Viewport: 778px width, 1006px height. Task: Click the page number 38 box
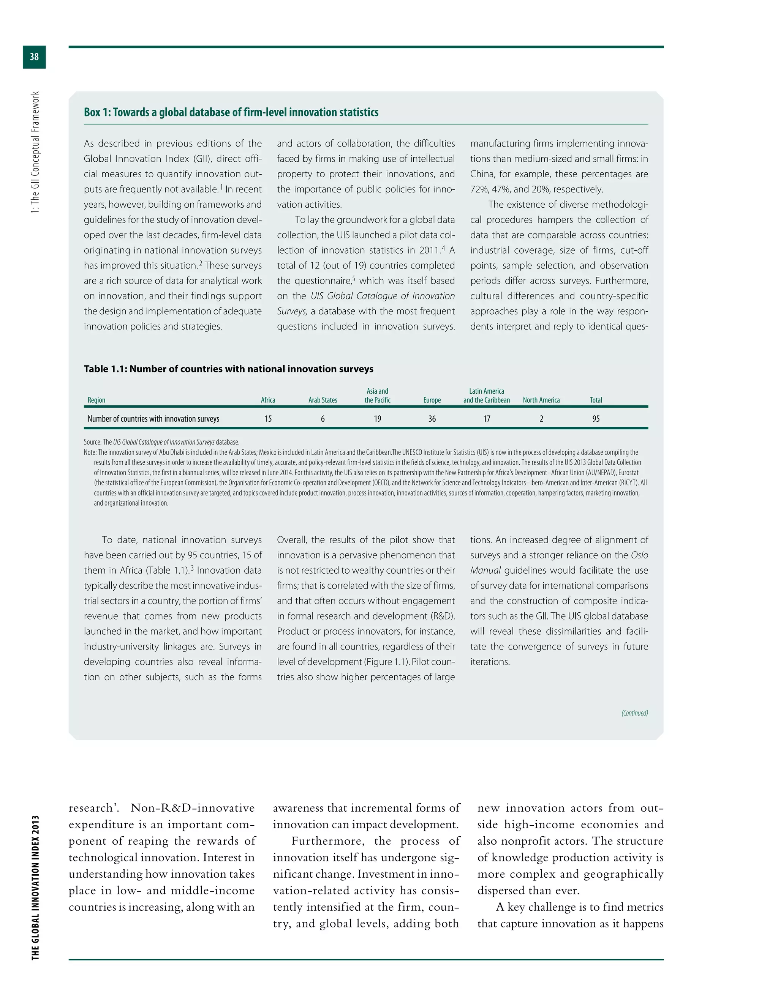[34, 57]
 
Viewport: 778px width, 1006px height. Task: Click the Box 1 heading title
[231, 112]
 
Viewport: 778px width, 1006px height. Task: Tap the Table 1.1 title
[228, 369]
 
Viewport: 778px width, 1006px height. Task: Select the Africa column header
[268, 400]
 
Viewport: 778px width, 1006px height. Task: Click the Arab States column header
[323, 400]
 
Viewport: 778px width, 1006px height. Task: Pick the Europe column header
[432, 400]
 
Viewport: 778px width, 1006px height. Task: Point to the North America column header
[541, 400]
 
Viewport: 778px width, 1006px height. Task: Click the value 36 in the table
[432, 419]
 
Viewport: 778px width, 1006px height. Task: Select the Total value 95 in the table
[596, 419]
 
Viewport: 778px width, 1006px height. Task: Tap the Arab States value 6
[323, 419]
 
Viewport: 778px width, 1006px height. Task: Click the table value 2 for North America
[541, 419]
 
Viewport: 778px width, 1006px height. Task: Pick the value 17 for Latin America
[487, 419]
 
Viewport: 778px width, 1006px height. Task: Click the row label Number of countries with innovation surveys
[153, 419]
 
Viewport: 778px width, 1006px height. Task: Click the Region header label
[96, 400]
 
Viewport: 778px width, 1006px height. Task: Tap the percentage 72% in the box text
[480, 189]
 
